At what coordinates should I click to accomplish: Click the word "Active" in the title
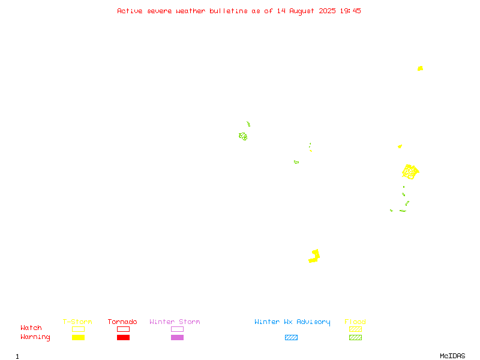pyautogui.click(x=130, y=11)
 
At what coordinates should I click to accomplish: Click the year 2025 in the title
pyautogui.click(x=327, y=11)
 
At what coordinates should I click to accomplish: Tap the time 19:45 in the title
pyautogui.click(x=350, y=11)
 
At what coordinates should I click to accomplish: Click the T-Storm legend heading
pyautogui.click(x=77, y=322)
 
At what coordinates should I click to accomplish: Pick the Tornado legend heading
pyautogui.click(x=122, y=322)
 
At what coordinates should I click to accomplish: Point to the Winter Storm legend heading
pyautogui.click(x=175, y=322)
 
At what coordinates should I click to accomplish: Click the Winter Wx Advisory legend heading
pyautogui.click(x=292, y=322)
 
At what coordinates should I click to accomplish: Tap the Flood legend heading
pyautogui.click(x=355, y=322)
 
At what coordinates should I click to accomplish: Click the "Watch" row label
pyautogui.click(x=31, y=328)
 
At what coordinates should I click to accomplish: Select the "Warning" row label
pyautogui.click(x=35, y=337)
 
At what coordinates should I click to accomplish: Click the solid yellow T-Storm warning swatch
pyautogui.click(x=79, y=337)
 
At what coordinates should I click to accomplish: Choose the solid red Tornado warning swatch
pyautogui.click(x=124, y=337)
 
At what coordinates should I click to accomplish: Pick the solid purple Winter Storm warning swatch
pyautogui.click(x=177, y=337)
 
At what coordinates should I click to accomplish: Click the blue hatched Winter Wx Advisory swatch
pyautogui.click(x=291, y=337)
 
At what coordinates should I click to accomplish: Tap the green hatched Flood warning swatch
pyautogui.click(x=355, y=337)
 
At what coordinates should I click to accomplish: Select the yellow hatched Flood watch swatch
pyautogui.click(x=355, y=329)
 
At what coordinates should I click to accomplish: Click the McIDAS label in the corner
pyautogui.click(x=452, y=356)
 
